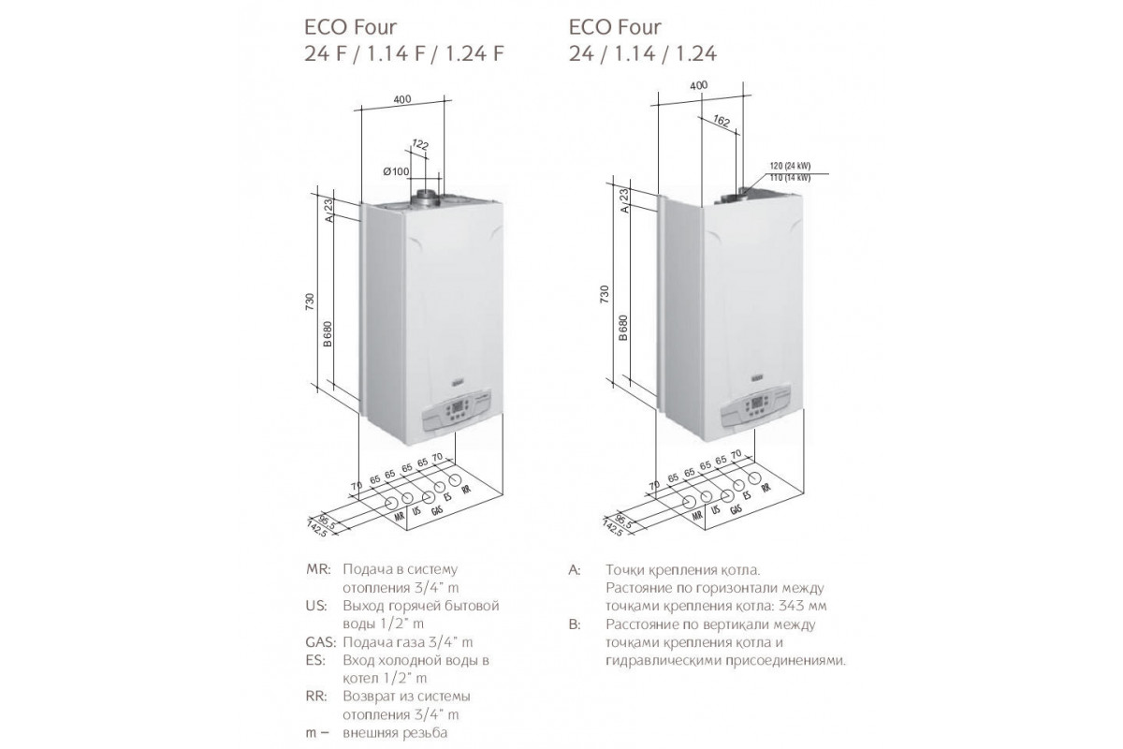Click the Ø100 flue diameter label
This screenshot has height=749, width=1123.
(396, 172)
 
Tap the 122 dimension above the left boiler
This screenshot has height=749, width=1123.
(419, 144)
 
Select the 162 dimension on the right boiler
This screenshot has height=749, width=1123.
(721, 121)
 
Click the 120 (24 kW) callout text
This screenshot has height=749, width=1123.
(791, 167)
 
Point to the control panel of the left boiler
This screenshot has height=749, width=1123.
(458, 414)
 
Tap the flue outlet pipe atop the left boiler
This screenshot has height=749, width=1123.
(425, 198)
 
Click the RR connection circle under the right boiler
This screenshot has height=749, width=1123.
(754, 478)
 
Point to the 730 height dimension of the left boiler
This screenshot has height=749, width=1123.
(310, 301)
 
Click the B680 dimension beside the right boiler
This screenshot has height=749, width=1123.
(622, 328)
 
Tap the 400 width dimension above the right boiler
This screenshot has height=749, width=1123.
(698, 85)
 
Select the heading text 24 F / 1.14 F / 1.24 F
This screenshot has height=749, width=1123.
(403, 53)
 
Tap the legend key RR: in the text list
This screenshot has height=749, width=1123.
(316, 697)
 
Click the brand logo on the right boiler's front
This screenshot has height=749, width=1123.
(757, 377)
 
